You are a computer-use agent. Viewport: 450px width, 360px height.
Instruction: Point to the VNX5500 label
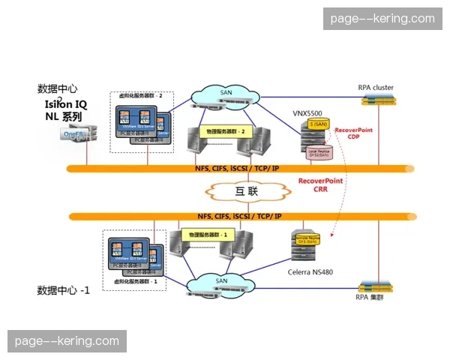308,112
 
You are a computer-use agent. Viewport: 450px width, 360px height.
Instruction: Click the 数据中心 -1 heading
64,290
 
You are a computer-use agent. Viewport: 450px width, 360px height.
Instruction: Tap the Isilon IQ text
65,103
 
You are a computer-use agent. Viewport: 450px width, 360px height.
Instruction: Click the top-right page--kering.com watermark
381,18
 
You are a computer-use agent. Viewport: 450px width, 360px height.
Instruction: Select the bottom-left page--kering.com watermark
67,341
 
